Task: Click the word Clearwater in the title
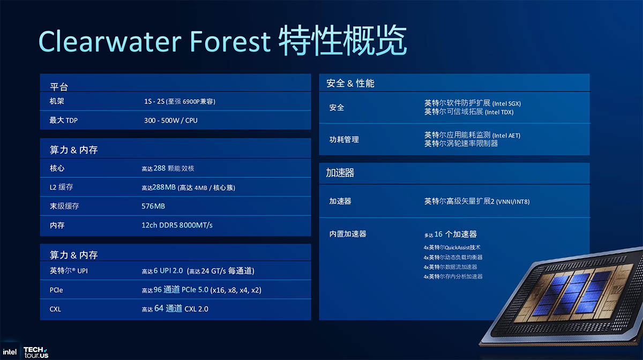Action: [x=110, y=42]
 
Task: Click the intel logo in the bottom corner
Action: [x=10, y=351]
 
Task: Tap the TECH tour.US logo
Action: [x=36, y=352]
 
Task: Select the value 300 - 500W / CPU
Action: [x=171, y=121]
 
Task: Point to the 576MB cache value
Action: [x=153, y=206]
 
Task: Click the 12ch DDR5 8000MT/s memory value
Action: [x=177, y=225]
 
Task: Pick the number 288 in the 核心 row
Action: [x=159, y=168]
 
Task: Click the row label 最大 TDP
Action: [x=63, y=121]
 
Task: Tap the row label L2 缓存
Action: [x=61, y=187]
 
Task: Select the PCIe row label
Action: [x=56, y=290]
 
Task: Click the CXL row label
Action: [x=55, y=309]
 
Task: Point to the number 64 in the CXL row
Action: [x=159, y=309]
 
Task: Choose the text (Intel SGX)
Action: [x=506, y=103]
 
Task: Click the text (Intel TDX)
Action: [x=499, y=112]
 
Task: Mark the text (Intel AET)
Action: [x=506, y=136]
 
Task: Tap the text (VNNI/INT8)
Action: [x=513, y=202]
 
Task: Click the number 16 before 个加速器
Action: [x=438, y=234]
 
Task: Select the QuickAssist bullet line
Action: [x=452, y=247]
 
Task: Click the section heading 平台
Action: [x=59, y=87]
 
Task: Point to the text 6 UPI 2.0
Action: [x=168, y=271]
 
